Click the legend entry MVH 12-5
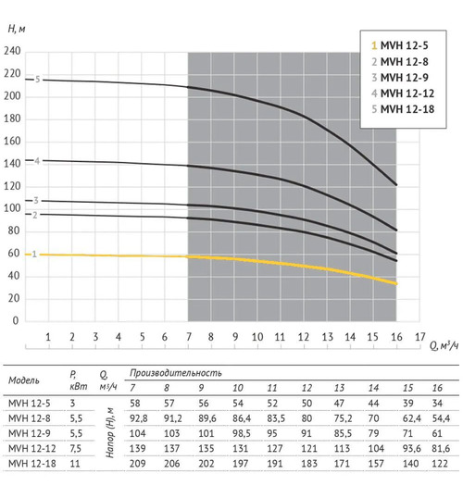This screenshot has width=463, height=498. pos(400,45)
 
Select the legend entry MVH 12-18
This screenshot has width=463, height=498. pos(403,109)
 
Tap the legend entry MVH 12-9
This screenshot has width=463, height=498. pos(400,78)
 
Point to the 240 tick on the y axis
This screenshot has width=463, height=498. pos(12,51)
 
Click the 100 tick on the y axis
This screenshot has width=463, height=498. pos(12,208)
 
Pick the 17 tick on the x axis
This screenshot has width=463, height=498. pos(420,337)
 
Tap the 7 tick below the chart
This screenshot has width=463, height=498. pos(189,337)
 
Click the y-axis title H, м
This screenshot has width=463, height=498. pos(17,29)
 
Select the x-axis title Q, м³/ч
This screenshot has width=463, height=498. pos(444,345)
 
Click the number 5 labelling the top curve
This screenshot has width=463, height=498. pos(37,80)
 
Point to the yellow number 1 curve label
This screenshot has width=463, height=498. pos(34,255)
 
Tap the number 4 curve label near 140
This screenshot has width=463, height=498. pos(37,161)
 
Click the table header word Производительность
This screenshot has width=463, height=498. pos(175,373)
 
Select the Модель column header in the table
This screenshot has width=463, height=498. pos(24,380)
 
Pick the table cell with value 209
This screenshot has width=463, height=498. pos(138,464)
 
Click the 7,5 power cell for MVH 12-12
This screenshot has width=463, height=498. pos(75,449)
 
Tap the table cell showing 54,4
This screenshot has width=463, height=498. pos(441,418)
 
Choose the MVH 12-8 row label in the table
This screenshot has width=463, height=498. pos(30,418)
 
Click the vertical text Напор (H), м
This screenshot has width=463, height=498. pos(110,433)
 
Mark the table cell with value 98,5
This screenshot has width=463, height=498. pos(242,433)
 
